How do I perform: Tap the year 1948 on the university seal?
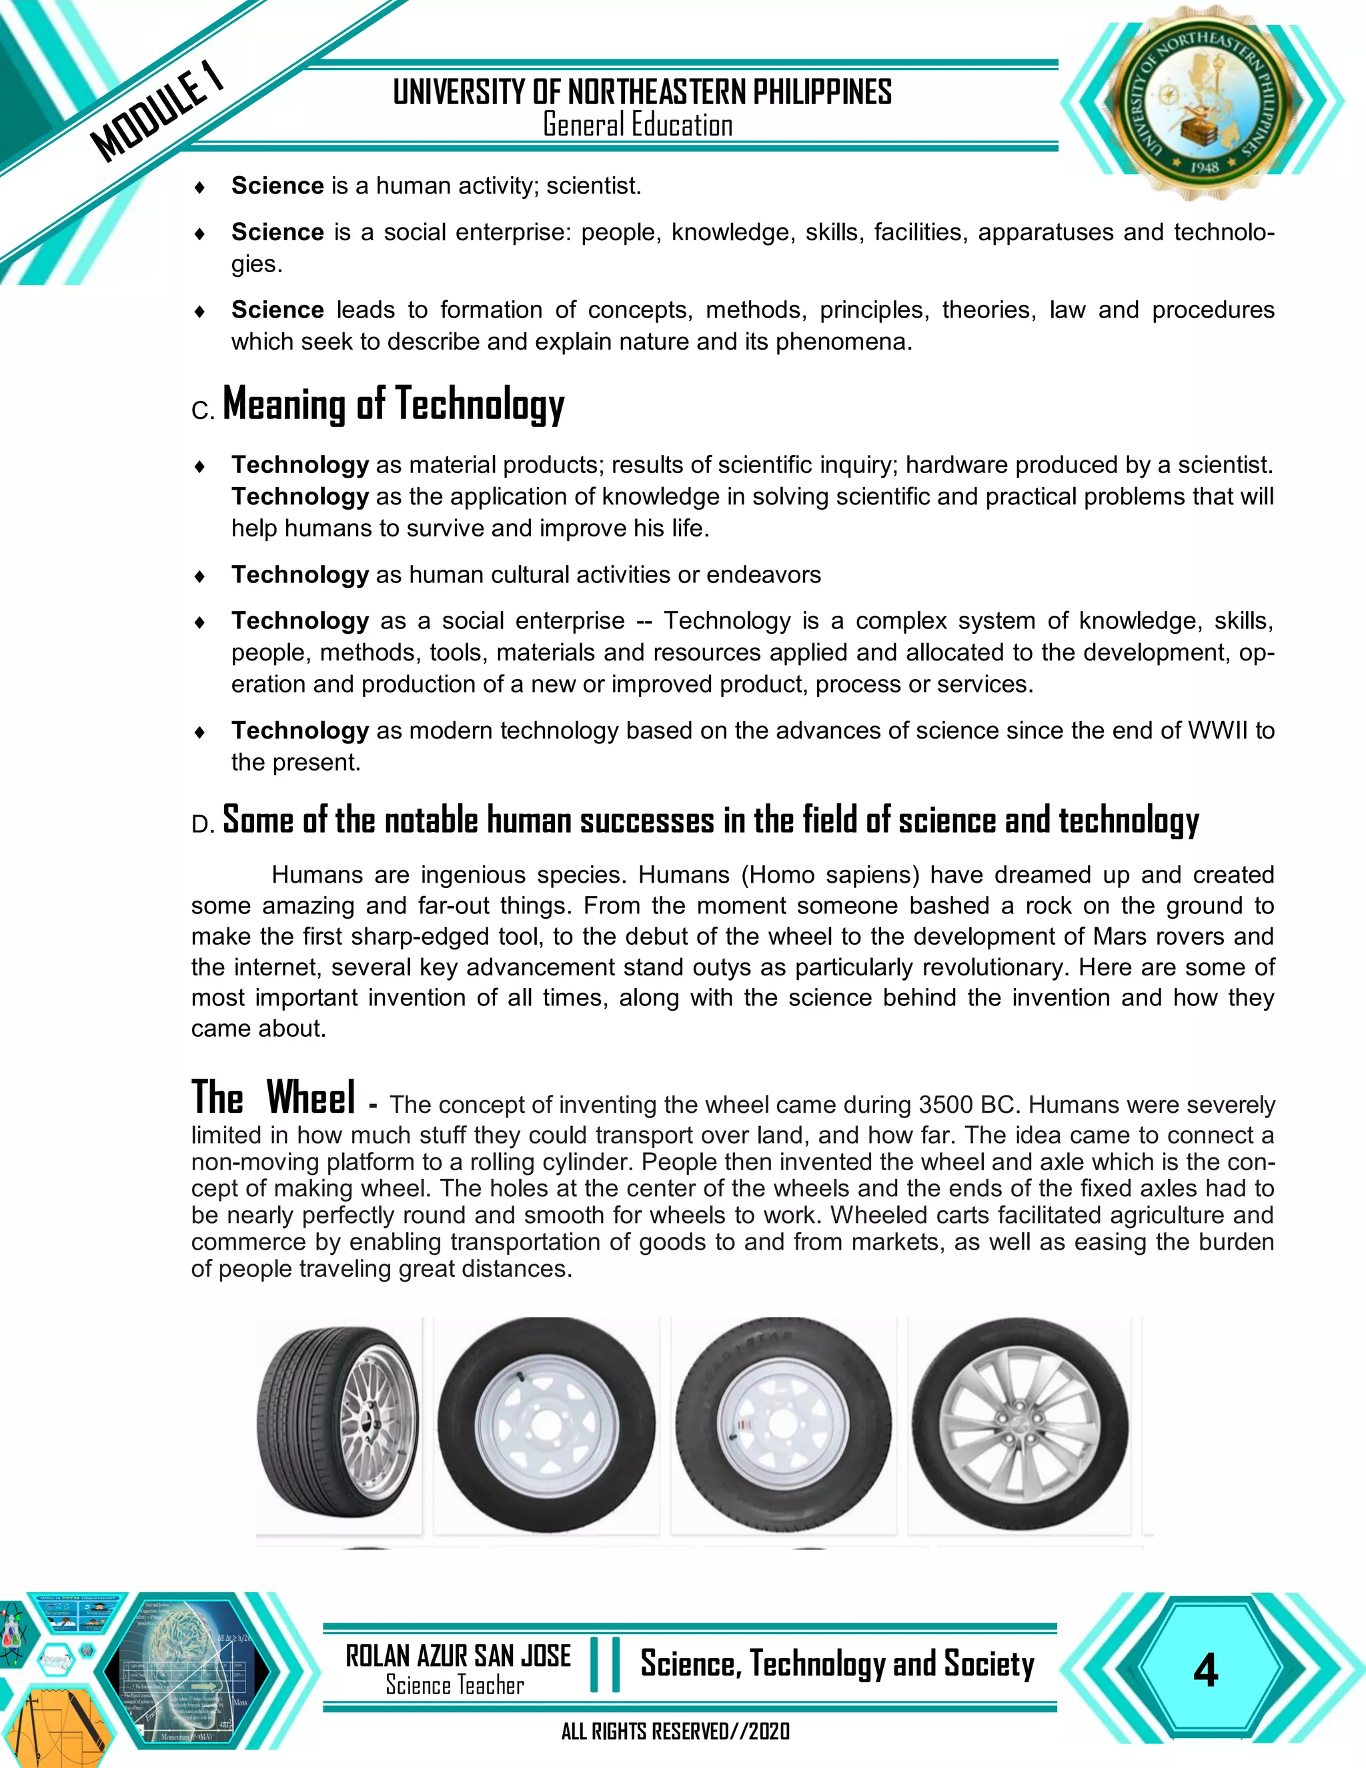1203,167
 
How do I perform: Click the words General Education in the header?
638,125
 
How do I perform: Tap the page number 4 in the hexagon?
1205,1671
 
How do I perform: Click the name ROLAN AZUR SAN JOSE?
458,1657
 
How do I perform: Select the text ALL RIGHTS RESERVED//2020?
676,1731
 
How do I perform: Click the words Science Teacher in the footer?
455,1685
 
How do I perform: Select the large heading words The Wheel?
273,1099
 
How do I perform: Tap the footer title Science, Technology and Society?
837,1665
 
